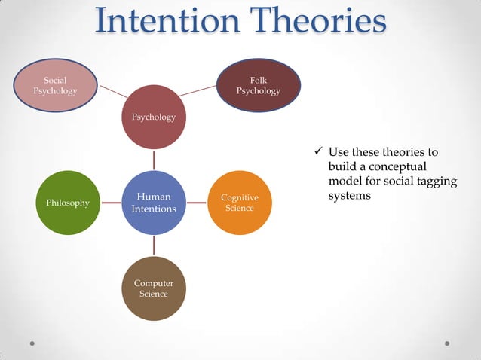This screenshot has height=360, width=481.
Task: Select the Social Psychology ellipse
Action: pos(54,85)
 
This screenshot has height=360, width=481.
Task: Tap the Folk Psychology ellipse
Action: pos(258,85)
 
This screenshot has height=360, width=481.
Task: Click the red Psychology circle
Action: pos(154,117)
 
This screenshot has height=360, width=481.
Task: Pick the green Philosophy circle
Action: pos(68,203)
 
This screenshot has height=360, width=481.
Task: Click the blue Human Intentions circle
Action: pos(154,203)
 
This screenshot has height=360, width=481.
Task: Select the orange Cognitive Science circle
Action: pos(240,203)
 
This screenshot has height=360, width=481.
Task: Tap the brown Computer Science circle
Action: pos(154,288)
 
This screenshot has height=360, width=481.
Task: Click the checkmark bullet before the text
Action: pos(318,153)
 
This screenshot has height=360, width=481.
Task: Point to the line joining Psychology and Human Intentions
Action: pos(154,160)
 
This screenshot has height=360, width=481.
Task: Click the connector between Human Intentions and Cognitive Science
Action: pos(197,203)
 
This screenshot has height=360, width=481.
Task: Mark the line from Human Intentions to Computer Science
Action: pos(154,246)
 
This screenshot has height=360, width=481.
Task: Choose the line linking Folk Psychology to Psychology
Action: pos(198,91)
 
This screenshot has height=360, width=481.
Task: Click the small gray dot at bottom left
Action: pos(32,343)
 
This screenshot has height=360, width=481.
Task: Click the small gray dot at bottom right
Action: pos(447,343)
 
